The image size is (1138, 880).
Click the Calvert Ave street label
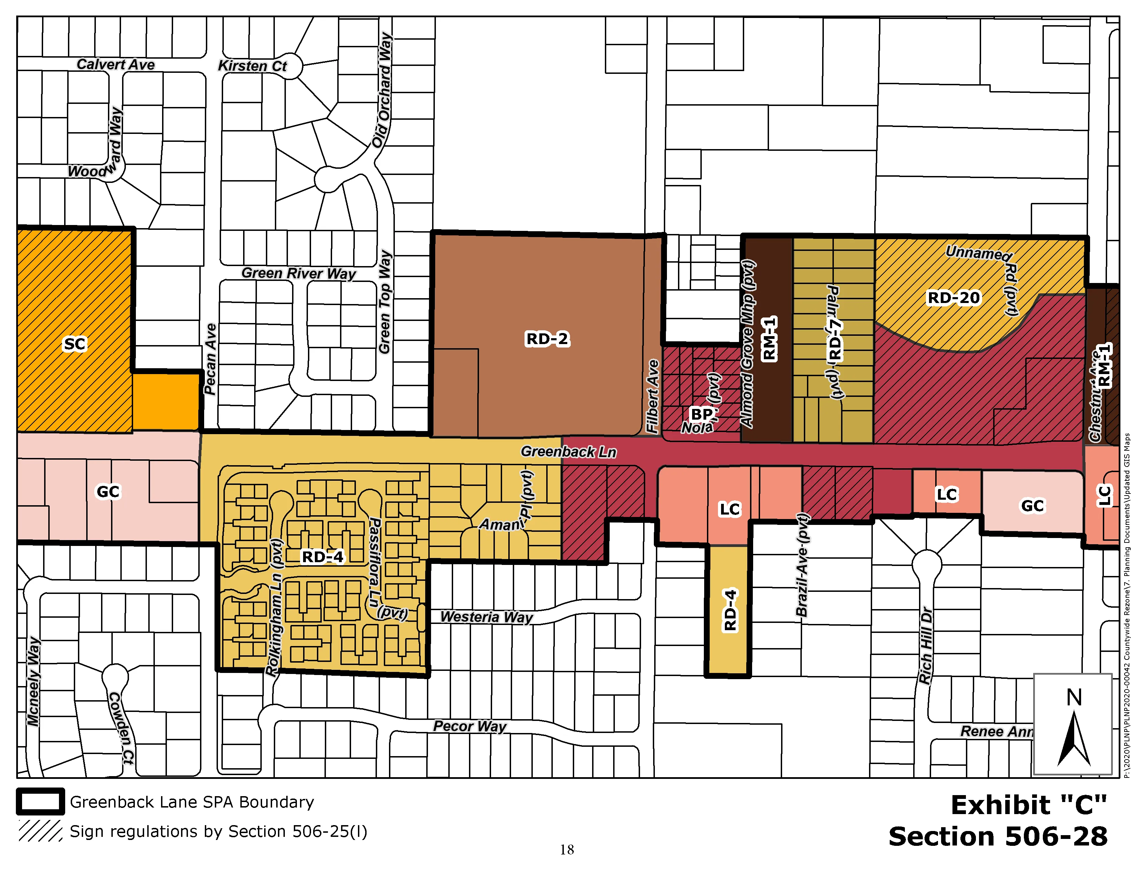pos(116,65)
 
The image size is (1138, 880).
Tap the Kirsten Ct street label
pos(252,66)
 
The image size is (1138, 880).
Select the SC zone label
pos(74,344)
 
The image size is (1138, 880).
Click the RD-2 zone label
pos(547,339)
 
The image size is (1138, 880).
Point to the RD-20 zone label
pos(954,298)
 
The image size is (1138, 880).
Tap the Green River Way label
pos(299,273)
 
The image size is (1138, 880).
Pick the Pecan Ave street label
pos(210,359)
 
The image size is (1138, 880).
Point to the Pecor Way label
pos(469,726)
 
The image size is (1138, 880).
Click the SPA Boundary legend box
pos(41,802)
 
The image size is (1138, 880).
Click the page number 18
pos(567,850)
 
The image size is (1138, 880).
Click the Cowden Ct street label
pos(121,728)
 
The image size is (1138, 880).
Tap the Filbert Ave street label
pos(653,396)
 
